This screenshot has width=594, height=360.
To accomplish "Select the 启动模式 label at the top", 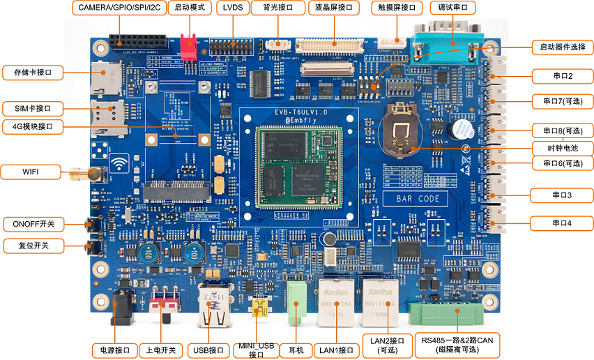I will (x=190, y=8).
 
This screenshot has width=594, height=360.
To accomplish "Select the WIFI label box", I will (x=32, y=172).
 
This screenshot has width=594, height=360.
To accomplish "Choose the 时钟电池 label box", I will (x=561, y=148).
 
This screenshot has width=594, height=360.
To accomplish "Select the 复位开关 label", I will (x=33, y=246).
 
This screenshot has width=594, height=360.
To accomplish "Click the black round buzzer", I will (x=457, y=130).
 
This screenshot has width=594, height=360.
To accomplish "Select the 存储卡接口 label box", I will (x=33, y=73).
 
